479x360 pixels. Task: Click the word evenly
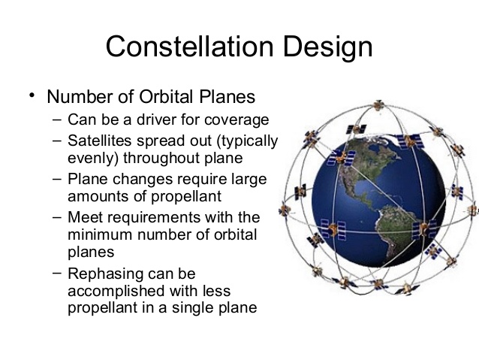tap(90, 159)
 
